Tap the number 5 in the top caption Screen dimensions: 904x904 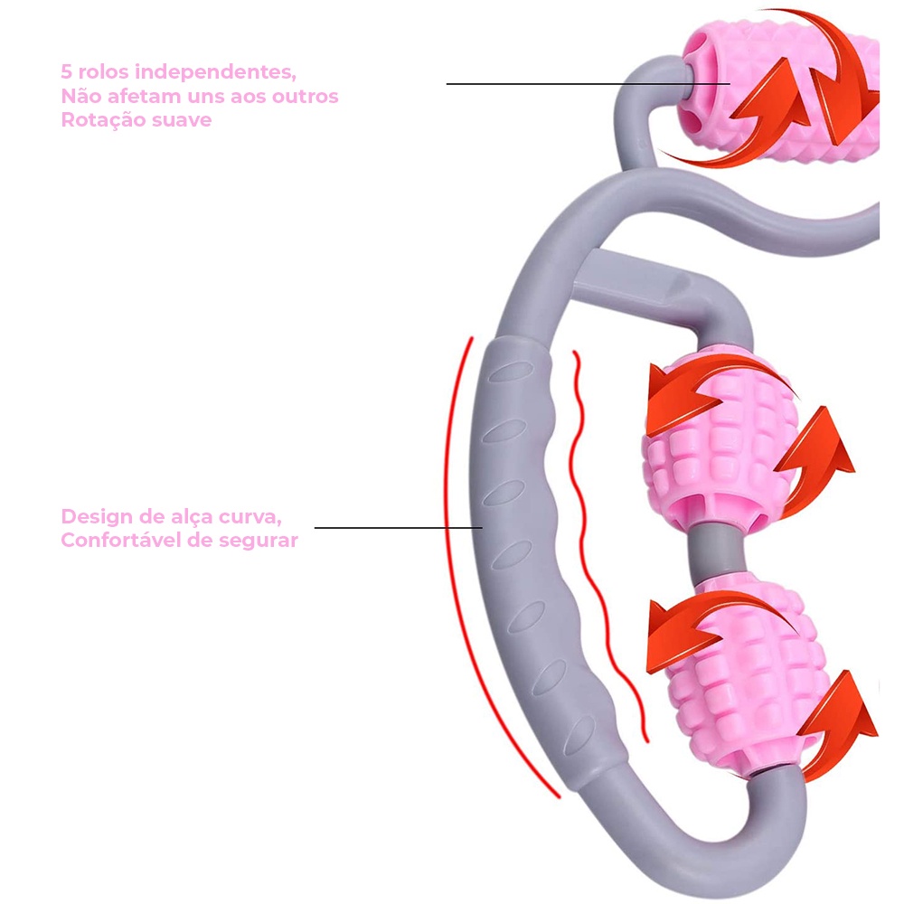66,71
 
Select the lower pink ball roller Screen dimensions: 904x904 732,669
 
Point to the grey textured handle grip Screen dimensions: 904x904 520,542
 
